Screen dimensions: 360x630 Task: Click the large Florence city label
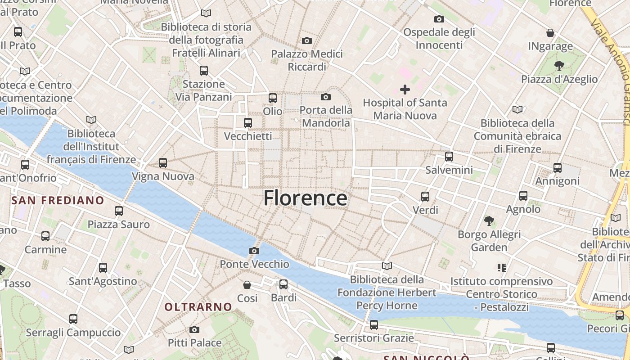click(x=305, y=198)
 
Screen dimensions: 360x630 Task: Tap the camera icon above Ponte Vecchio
click(x=254, y=251)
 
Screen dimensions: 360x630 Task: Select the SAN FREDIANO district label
click(x=58, y=200)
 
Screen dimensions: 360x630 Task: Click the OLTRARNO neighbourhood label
click(x=198, y=307)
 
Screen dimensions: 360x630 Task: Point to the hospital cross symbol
click(x=405, y=90)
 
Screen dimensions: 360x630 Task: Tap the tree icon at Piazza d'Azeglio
click(x=559, y=66)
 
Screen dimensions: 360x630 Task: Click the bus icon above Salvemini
click(x=449, y=157)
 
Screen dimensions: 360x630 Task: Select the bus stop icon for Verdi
click(x=425, y=197)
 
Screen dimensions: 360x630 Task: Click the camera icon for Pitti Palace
click(x=194, y=329)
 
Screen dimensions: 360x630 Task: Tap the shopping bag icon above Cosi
click(x=247, y=285)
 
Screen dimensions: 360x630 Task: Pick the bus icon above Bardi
click(x=283, y=284)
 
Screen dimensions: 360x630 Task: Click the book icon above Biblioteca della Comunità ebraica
click(x=517, y=109)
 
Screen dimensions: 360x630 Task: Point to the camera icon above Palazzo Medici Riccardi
click(x=307, y=41)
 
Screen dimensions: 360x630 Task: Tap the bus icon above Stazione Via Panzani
click(x=204, y=71)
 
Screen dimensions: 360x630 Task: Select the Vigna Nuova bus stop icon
click(x=163, y=163)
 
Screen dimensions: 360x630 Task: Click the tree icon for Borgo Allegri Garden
click(x=489, y=221)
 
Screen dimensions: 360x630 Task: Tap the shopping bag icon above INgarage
click(x=550, y=33)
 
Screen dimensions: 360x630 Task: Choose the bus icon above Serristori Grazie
click(x=373, y=325)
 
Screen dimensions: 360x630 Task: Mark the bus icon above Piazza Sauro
click(x=119, y=211)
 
